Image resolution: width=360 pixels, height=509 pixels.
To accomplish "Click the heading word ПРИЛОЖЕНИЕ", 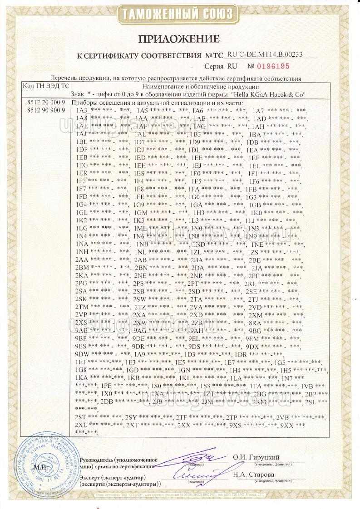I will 180,38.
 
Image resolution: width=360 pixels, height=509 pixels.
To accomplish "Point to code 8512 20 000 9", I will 47,103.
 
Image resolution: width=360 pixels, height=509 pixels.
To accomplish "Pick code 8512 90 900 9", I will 47,110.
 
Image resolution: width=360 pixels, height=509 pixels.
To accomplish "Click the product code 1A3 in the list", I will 82,111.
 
